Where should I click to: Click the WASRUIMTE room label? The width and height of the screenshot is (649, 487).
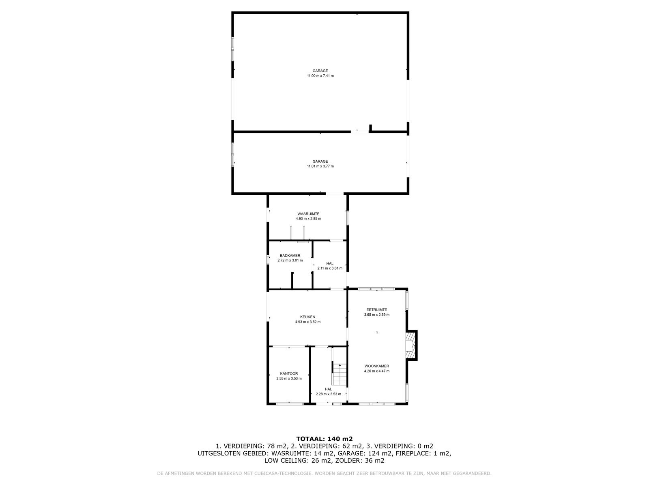tap(308, 214)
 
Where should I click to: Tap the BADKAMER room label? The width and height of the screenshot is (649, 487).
tap(290, 256)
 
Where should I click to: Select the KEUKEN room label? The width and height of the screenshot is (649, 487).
tap(307, 317)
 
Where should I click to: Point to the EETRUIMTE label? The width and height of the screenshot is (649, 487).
tap(376, 310)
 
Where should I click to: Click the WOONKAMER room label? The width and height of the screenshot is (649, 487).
tap(376, 366)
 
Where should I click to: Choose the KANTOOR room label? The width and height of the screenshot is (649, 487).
tap(289, 373)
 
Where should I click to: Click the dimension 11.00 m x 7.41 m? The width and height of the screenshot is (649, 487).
tap(320, 76)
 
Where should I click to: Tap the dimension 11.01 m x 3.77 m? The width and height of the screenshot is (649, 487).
tap(320, 166)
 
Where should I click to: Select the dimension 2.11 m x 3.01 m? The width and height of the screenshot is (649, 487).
tap(330, 268)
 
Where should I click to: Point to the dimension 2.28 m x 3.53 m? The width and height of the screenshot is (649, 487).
tap(328, 394)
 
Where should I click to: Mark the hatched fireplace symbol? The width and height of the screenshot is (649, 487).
tap(410, 345)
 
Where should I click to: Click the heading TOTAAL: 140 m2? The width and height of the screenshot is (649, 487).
tap(324, 439)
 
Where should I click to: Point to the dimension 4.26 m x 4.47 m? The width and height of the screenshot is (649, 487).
tap(376, 371)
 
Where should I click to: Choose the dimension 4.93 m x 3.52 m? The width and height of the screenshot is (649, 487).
tap(307, 322)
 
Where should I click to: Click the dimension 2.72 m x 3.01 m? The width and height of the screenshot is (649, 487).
tap(290, 260)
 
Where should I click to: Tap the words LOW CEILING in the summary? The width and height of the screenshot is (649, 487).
tap(284, 460)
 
